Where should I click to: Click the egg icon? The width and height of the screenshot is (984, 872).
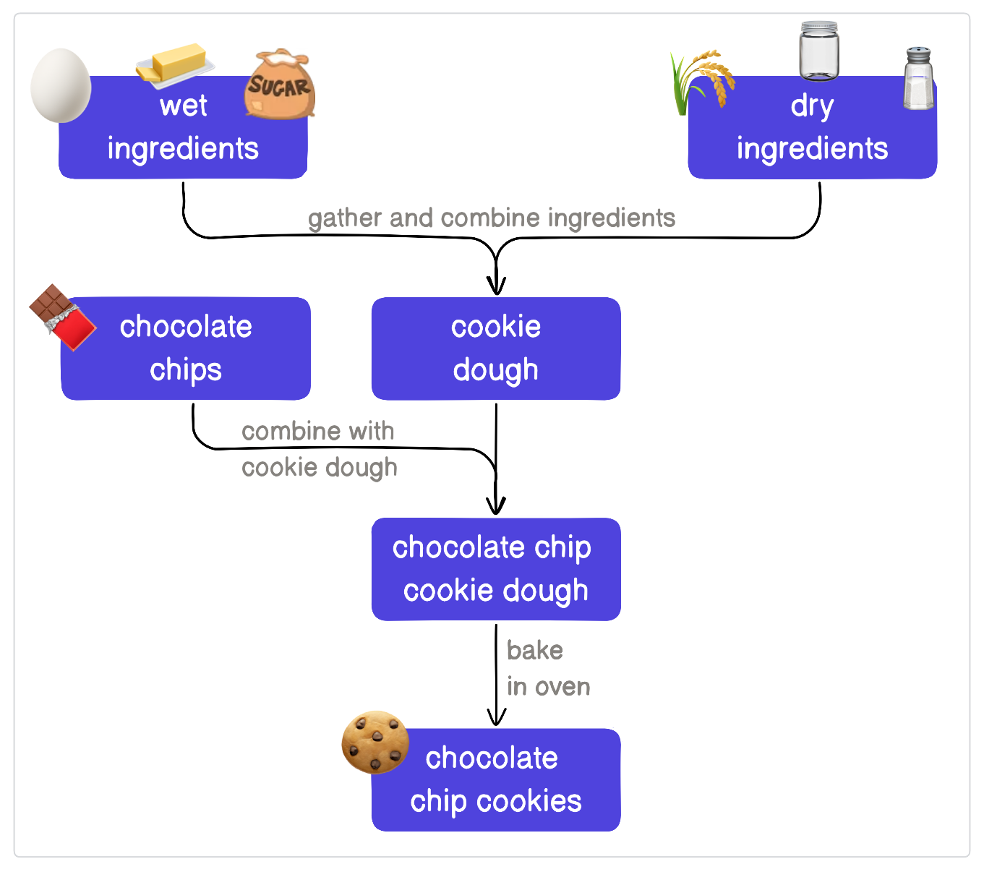coord(61,85)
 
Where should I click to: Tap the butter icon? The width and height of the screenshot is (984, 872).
coord(175,64)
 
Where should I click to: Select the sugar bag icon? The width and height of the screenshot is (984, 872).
coord(280,85)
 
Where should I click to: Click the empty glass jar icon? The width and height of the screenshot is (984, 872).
coord(819,51)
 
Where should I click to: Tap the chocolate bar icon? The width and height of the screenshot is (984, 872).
coord(62,317)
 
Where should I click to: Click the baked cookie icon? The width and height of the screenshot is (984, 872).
coord(375,742)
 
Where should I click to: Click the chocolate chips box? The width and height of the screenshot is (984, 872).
coord(186,349)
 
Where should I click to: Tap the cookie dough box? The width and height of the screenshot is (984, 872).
coord(496,349)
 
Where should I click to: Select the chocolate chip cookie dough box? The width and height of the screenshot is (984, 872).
coord(496,569)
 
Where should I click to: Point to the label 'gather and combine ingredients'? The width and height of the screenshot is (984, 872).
coord(492,218)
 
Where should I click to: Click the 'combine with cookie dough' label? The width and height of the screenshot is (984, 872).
coord(319,449)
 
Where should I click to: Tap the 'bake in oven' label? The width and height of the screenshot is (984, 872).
coord(548,668)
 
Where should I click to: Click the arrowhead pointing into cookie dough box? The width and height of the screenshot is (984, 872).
coord(496,286)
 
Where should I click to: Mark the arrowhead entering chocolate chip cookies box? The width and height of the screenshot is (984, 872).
coord(496,717)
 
